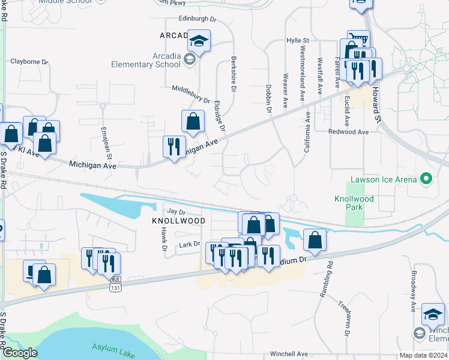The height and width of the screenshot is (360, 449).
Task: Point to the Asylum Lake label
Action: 112,349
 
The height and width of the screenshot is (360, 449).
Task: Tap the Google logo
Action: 20,353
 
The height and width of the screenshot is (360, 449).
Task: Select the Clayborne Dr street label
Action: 29,61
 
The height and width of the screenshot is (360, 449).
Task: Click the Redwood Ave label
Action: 348,131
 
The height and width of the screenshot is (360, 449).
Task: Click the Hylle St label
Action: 298,40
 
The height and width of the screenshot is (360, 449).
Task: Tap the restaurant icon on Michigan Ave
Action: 174,145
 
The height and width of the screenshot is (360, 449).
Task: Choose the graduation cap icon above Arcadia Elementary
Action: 199,40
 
